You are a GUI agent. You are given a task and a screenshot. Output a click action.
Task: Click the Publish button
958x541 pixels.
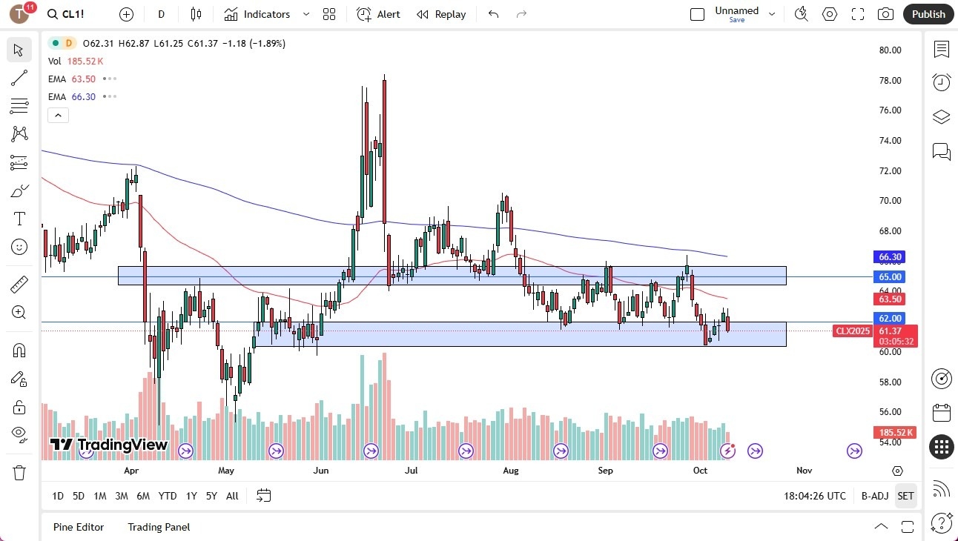pyautogui.click(x=928, y=14)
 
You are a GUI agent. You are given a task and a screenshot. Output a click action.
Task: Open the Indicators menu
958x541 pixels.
pyautogui.click(x=257, y=14)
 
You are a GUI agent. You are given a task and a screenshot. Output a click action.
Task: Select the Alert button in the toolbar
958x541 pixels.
pyautogui.click(x=378, y=14)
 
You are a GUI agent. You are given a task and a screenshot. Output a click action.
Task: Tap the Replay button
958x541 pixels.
pyautogui.click(x=441, y=14)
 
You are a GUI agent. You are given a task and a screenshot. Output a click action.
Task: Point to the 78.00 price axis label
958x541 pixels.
pyautogui.click(x=890, y=80)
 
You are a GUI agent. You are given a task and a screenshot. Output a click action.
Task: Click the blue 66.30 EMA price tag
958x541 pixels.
pyautogui.click(x=890, y=257)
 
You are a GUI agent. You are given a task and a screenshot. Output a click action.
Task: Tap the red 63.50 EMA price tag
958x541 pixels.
pyautogui.click(x=890, y=299)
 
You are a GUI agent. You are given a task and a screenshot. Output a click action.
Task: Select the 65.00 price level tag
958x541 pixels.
pyautogui.click(x=890, y=276)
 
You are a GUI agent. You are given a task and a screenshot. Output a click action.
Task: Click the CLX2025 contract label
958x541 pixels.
pyautogui.click(x=853, y=331)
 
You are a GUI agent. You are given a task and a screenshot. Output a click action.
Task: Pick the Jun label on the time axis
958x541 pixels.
pyautogui.click(x=321, y=470)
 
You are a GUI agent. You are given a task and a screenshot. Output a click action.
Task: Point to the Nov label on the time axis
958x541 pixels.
pyautogui.click(x=804, y=470)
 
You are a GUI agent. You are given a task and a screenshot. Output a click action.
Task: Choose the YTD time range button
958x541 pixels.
pyautogui.click(x=168, y=496)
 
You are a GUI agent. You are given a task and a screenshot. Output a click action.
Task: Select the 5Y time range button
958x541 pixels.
pyautogui.click(x=211, y=496)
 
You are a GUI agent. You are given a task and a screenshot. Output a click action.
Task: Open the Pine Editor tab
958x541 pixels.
pyautogui.click(x=79, y=527)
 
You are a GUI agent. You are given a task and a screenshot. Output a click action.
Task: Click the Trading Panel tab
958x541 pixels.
pyautogui.click(x=159, y=527)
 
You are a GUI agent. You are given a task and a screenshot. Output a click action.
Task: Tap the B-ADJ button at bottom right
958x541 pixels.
pyautogui.click(x=873, y=496)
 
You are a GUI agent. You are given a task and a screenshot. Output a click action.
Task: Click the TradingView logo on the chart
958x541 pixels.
pyautogui.click(x=109, y=445)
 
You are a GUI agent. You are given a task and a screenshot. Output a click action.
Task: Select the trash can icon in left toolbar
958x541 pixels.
pyautogui.click(x=19, y=473)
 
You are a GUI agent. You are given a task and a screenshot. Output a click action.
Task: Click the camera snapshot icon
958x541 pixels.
pyautogui.click(x=885, y=14)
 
